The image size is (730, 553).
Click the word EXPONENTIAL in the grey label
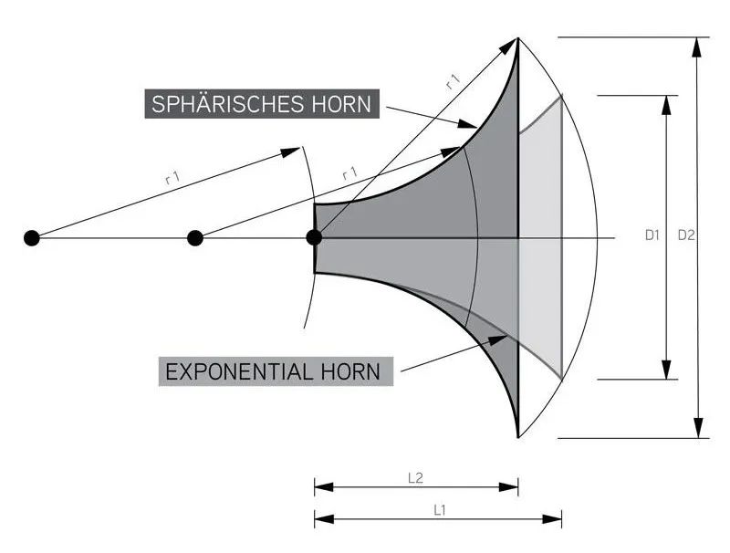coord(239,372)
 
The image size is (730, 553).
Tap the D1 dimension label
coord(652,235)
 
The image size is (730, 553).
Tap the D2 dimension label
coord(686,235)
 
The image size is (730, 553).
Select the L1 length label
coord(440,511)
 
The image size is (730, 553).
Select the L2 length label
coord(415,478)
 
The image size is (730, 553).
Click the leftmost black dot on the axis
coord(32,238)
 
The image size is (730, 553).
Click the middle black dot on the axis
coord(195,238)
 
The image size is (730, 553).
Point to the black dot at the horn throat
coord(314,237)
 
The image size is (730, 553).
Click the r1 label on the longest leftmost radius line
coord(172,177)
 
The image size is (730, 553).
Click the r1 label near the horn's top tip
coord(453,81)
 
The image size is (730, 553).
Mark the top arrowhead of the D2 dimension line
coord(697,47)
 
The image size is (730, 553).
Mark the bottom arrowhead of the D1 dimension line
coord(667,370)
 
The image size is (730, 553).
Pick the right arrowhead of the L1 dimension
coord(552,519)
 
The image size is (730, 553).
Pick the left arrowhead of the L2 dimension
coord(325,487)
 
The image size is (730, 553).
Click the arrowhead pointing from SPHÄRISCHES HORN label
coord(467,124)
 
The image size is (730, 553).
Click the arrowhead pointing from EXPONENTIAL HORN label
coord(497,339)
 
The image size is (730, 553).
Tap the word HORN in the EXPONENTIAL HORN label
coord(350,372)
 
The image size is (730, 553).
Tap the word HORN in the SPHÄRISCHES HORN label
coord(341,103)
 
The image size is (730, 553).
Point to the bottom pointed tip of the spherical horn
coord(517,437)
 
